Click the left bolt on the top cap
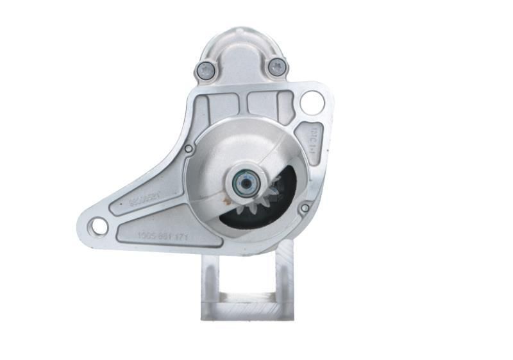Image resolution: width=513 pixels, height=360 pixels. click(x=205, y=71)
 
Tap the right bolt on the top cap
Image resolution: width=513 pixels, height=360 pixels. click(x=276, y=67)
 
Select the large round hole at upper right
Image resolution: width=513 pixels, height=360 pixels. click(x=312, y=102)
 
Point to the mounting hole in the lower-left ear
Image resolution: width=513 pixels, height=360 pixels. click(x=99, y=226)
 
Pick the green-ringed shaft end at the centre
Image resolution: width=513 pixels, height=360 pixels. click(x=244, y=182)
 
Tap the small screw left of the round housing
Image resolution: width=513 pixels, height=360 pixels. click(x=188, y=149)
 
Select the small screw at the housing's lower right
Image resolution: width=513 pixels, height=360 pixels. click(x=305, y=208)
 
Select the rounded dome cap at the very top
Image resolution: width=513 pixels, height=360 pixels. click(x=240, y=45)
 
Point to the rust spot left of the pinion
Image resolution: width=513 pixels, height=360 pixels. click(x=226, y=201)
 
